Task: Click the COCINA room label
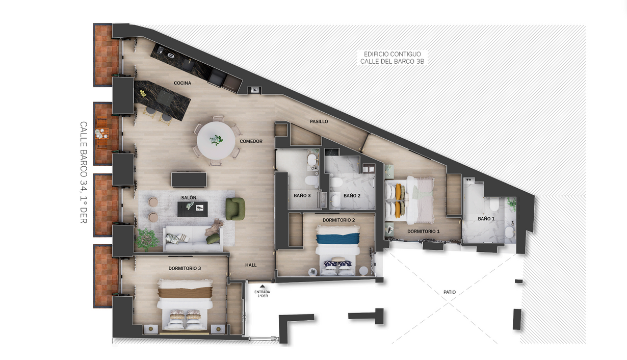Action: [x=182, y=83]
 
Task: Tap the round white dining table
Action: [x=216, y=141]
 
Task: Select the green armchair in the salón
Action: [x=235, y=209]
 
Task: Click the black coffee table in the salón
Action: [x=193, y=209]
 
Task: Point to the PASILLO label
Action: [x=319, y=121]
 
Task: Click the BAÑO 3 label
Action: [x=302, y=196]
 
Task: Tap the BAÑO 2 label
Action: [x=352, y=196]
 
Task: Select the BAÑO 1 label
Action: [x=486, y=219]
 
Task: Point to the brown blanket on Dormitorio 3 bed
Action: [x=185, y=293]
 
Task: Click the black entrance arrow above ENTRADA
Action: [x=263, y=286]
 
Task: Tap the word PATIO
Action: [x=450, y=292]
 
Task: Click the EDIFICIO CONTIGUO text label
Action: [x=392, y=54]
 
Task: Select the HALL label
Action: [x=251, y=265]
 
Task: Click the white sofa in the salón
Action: [x=193, y=238]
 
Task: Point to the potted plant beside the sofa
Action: [x=146, y=239]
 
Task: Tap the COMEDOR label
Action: [x=251, y=141]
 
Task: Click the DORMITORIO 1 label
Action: [x=423, y=232]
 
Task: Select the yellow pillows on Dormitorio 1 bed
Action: [x=399, y=200]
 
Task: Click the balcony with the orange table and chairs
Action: [x=103, y=133]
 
